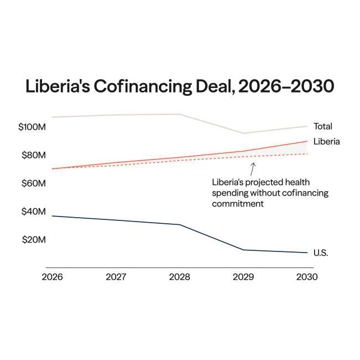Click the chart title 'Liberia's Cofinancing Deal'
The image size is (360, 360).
(180, 87)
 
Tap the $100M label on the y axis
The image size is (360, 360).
(32, 127)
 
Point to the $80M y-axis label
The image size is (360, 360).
(33, 155)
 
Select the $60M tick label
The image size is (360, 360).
(33, 183)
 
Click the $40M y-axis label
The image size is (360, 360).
(33, 212)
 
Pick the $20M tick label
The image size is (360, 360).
(33, 240)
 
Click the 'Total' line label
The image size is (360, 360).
(323, 126)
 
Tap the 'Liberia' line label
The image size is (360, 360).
(327, 141)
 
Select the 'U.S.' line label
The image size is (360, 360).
(321, 253)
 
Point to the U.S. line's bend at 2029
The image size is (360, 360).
(244, 250)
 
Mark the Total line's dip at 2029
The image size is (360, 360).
(244, 133)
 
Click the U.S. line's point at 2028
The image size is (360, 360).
(179, 224)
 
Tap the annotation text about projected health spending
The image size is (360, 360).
(270, 193)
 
